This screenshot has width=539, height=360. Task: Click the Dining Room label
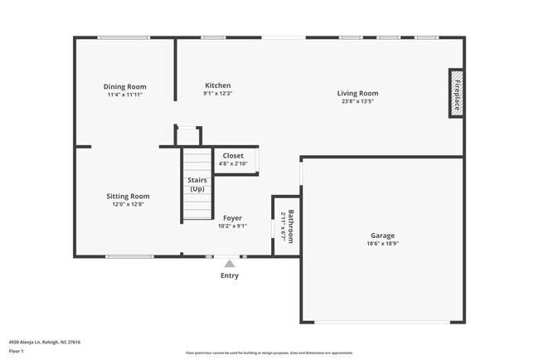point(125,86)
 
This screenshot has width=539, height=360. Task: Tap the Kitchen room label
point(217,85)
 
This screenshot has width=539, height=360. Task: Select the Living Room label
point(358,93)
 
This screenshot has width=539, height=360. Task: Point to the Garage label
point(382,236)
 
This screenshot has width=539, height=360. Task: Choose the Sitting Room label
point(128,196)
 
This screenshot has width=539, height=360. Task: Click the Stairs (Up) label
point(197,184)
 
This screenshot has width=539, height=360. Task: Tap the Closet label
point(233,155)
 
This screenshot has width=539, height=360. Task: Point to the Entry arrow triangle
point(230,264)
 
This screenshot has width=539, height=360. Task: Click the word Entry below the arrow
point(230,276)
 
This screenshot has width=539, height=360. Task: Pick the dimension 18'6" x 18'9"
point(382,244)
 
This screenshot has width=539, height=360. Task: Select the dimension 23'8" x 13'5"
point(358,102)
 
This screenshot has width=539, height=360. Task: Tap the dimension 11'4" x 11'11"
point(125,95)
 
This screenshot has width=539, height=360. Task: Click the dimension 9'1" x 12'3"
point(217,94)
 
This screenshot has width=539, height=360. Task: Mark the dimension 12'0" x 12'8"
point(128,204)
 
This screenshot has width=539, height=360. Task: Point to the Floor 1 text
point(17,351)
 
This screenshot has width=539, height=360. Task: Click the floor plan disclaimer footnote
point(269,353)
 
